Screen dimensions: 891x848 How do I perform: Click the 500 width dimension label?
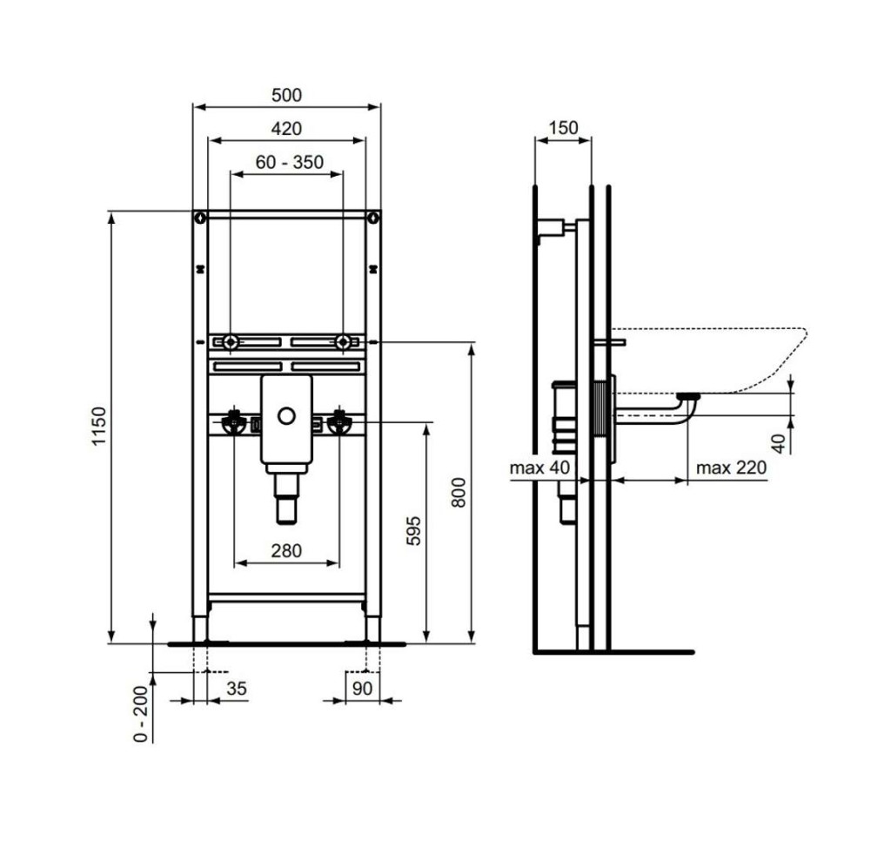pos(286,95)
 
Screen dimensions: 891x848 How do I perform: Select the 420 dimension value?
pos(286,129)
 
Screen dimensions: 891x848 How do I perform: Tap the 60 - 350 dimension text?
pos(289,162)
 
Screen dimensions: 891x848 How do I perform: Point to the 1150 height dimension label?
pos(99,426)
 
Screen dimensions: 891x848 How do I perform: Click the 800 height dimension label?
pos(458,493)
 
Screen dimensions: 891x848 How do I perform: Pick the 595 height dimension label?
pos(413,530)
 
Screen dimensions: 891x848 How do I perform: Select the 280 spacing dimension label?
pos(286,550)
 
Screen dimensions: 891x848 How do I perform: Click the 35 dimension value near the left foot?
pos(237,688)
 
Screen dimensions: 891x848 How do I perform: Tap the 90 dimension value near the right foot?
pos(362,688)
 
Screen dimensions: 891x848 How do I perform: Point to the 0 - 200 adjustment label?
pos(140,714)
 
